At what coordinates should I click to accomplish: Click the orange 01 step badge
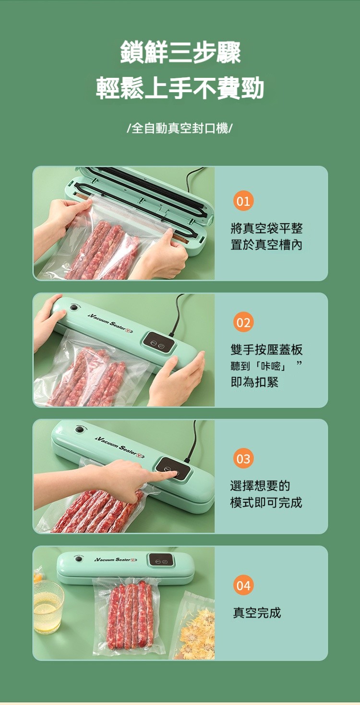(243, 201)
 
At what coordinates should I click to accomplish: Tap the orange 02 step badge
(243, 322)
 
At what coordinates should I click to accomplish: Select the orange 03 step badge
(243, 459)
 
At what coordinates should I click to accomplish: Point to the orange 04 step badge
(243, 585)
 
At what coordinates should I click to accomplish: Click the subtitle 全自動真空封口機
(180, 128)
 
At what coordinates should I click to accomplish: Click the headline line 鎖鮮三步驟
(180, 52)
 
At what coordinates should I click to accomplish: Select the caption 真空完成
(256, 612)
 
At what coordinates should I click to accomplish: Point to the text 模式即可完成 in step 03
(266, 502)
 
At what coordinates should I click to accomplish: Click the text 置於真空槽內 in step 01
(266, 244)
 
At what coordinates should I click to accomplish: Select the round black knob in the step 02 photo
(73, 307)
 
